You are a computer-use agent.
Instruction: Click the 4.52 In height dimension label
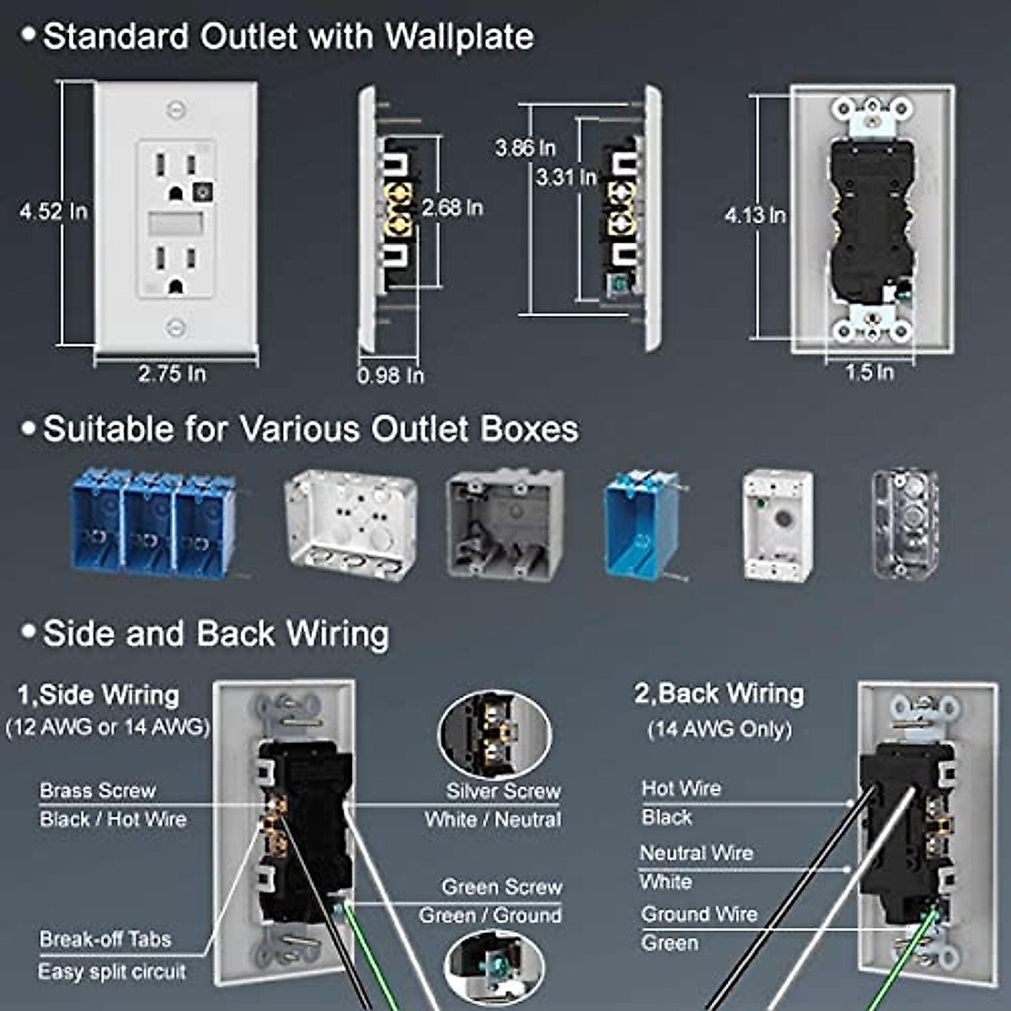tap(54, 211)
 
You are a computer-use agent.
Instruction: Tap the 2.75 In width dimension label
tap(172, 374)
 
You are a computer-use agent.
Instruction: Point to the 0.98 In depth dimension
tap(390, 376)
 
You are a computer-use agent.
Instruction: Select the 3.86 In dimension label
tap(525, 148)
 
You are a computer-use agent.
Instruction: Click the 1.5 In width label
tap(869, 372)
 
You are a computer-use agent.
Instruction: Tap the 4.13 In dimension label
tap(755, 215)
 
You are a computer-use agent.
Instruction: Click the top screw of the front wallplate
tap(176, 110)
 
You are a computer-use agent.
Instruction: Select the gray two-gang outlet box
tap(505, 525)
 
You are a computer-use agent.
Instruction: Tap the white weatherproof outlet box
tap(778, 527)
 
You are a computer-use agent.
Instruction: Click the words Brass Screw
tap(98, 790)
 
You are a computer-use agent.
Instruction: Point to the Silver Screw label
tap(503, 791)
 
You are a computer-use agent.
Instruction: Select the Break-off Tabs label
tap(105, 939)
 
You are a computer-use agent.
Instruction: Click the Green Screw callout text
tap(501, 887)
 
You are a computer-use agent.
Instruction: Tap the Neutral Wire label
tap(697, 853)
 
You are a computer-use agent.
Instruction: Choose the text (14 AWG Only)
tap(719, 729)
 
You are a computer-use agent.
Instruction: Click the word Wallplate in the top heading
tap(460, 36)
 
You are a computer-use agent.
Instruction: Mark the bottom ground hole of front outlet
tap(175, 286)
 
